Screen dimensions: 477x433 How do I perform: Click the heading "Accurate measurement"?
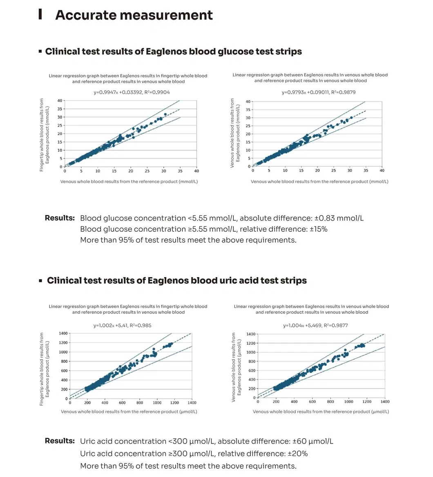point(134,15)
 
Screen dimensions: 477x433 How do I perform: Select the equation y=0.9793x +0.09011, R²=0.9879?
point(318,92)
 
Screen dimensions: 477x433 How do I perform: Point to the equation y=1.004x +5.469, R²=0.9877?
point(315,325)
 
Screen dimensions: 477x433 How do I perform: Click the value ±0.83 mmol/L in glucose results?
point(339,218)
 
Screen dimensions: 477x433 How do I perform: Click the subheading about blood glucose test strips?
point(173,52)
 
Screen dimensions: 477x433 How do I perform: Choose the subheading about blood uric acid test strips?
point(176,281)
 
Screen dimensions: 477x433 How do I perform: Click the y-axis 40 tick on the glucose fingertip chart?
point(60,101)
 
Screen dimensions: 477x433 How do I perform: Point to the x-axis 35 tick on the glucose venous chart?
point(366,170)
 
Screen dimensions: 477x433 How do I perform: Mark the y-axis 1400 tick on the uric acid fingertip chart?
point(62,334)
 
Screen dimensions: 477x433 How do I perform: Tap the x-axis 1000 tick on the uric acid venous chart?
point(348,402)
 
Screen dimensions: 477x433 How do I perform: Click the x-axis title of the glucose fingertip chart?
point(129,181)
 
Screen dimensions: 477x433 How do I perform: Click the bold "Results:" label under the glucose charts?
point(60,218)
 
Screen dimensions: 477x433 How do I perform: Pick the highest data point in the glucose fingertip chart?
point(165,114)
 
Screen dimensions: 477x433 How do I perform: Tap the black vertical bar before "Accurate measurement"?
point(40,14)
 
